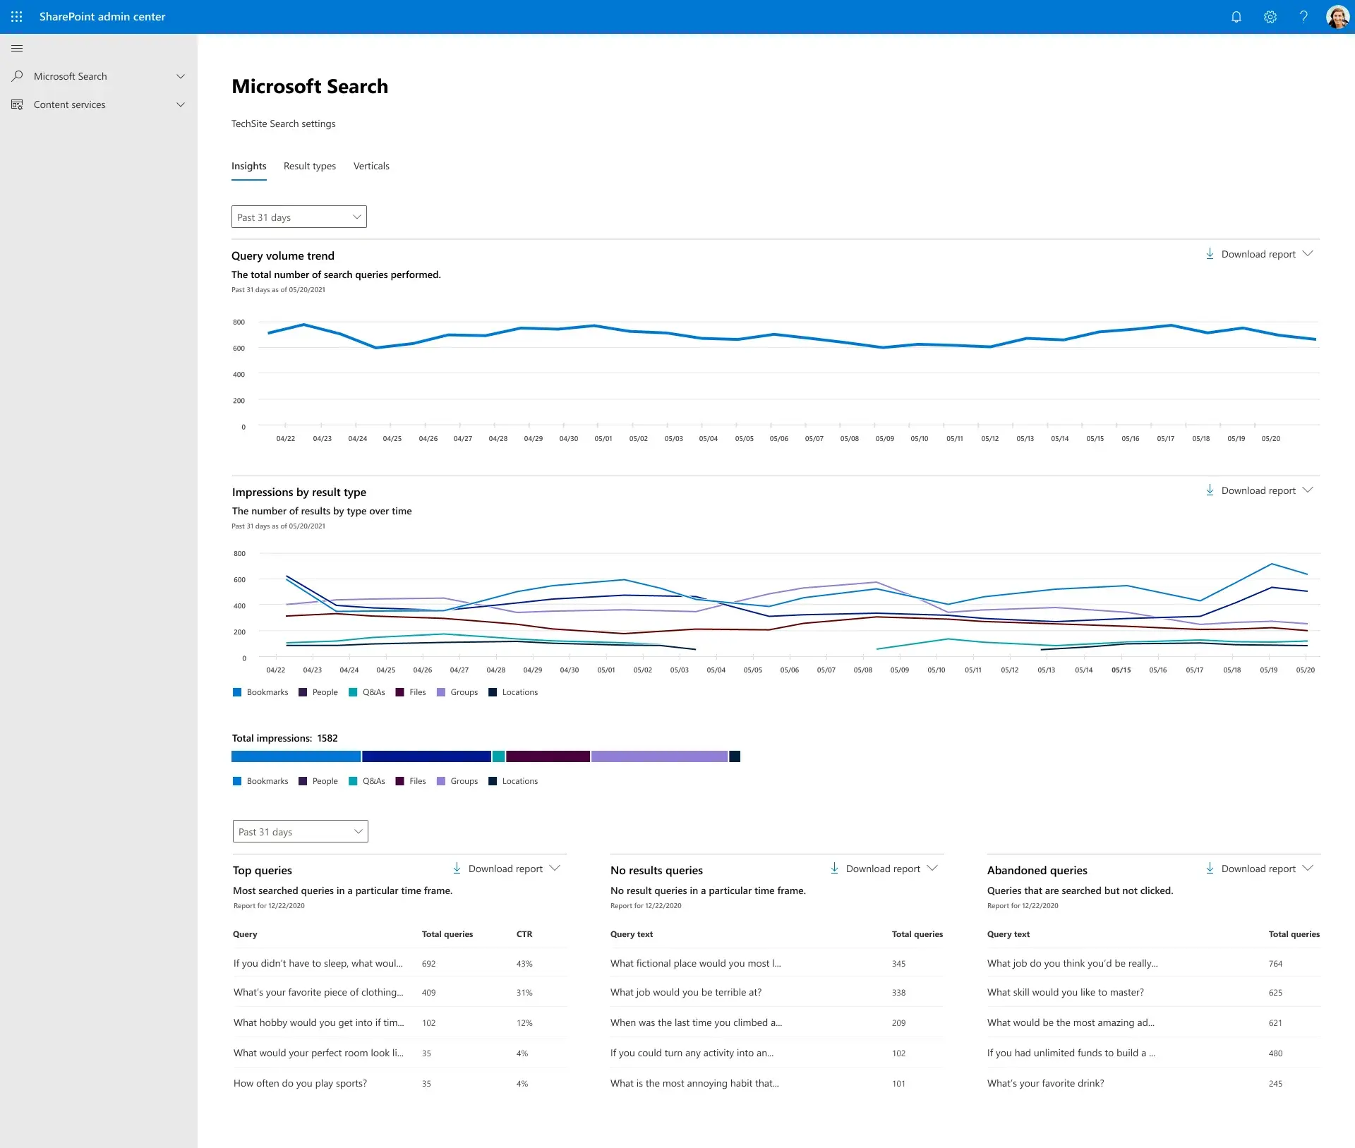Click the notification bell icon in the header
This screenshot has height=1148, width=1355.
(1236, 17)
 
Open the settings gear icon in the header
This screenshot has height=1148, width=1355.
(1270, 17)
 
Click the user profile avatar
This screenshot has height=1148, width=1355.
(1337, 17)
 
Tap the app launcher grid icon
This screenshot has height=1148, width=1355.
(17, 17)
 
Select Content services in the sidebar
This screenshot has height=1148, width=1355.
(70, 104)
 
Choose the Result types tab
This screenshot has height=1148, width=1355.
(310, 166)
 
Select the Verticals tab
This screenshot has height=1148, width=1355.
(371, 166)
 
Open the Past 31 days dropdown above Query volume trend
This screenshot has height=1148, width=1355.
(299, 217)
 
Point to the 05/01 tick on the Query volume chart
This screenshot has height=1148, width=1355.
(603, 438)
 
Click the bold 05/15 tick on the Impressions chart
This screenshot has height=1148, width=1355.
(1121, 670)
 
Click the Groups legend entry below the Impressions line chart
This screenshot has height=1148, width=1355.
(464, 692)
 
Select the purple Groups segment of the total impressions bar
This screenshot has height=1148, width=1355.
(659, 756)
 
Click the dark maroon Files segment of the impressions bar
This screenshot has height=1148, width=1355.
(548, 756)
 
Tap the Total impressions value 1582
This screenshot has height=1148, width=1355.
(327, 738)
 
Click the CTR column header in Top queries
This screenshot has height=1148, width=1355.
(524, 933)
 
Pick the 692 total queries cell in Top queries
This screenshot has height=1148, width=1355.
(429, 963)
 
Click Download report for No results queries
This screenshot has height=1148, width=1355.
(883, 869)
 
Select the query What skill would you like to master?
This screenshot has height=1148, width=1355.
(1066, 992)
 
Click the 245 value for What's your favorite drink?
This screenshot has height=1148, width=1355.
(1275, 1084)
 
